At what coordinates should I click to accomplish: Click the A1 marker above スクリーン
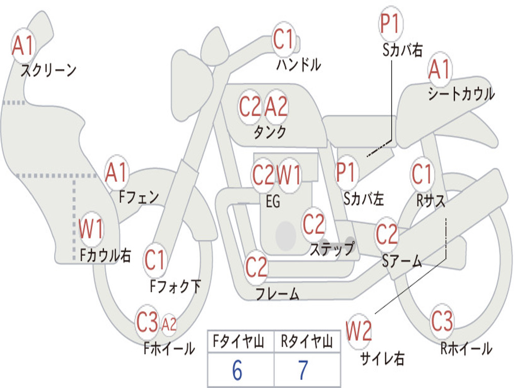[23, 46]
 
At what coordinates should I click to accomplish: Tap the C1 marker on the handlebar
[284, 39]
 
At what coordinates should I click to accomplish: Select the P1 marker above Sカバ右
[391, 23]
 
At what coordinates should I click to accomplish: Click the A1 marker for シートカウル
[439, 69]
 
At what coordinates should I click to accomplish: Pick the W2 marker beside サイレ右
[359, 331]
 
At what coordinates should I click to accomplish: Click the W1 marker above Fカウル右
[92, 229]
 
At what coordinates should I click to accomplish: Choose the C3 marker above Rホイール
[442, 321]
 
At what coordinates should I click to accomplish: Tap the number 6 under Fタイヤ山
[237, 371]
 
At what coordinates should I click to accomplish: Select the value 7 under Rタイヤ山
[303, 371]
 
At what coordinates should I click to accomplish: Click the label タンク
[270, 132]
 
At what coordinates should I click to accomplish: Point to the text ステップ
[332, 249]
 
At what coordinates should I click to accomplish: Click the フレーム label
[277, 294]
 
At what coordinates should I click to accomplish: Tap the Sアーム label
[402, 261]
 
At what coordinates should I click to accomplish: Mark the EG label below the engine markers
[273, 202]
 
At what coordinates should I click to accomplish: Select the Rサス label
[431, 201]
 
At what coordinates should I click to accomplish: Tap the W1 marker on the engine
[289, 175]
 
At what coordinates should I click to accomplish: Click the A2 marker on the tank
[276, 107]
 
